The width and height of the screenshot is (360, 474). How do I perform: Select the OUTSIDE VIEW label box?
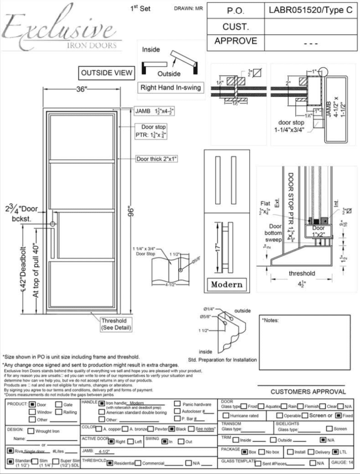[x=106, y=73]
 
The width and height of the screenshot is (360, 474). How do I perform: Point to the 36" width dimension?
[x=81, y=89]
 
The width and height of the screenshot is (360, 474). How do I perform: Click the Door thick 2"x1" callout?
[x=156, y=159]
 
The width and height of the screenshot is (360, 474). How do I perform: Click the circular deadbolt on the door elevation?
[x=53, y=224]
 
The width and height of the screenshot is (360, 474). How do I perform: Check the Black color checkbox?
[x=171, y=429]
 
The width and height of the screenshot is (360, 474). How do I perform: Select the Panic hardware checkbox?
[x=177, y=403]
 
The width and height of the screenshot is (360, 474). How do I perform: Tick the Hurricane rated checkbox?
[x=226, y=416]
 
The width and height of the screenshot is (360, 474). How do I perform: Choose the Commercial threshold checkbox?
[x=138, y=463]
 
